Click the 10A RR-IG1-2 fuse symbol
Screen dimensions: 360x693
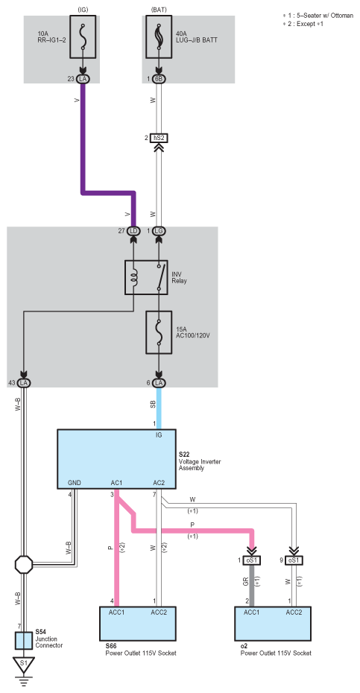[x=83, y=37]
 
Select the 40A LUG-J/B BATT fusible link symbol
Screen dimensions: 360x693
[x=159, y=37]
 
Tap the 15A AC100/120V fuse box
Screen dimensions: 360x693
[x=159, y=332]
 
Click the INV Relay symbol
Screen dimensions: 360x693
[x=146, y=277]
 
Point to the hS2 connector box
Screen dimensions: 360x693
[x=160, y=138]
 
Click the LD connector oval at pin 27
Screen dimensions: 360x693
[x=133, y=231]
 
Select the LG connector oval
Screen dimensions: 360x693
[x=160, y=231]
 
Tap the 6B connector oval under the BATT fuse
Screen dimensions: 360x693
[x=159, y=79]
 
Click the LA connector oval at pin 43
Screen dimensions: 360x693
[x=24, y=382]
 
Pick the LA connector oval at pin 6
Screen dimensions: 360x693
[x=160, y=382]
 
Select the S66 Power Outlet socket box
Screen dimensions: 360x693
[x=138, y=623]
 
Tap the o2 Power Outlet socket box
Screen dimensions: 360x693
[x=273, y=623]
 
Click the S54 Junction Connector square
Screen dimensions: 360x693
[x=24, y=640]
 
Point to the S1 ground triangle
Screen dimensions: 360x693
[x=24, y=664]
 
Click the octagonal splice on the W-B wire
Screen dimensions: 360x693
[x=24, y=564]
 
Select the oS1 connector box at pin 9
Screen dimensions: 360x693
[x=293, y=560]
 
